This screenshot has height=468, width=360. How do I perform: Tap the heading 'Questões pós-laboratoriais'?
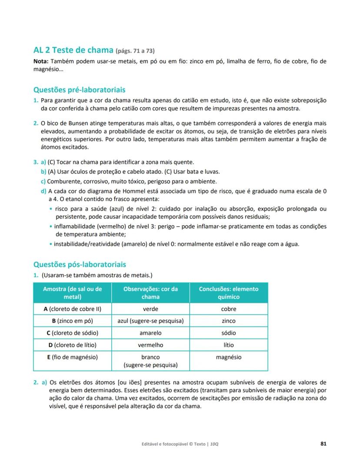tap(80, 264)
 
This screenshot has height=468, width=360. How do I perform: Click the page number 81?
tap(323, 444)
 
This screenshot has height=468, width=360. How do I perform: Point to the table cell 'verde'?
tap(150, 309)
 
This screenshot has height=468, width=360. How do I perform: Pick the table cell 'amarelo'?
tap(150, 333)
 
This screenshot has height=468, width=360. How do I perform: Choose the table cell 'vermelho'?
tap(150, 345)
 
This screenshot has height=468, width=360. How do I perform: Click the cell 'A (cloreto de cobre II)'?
tap(72, 309)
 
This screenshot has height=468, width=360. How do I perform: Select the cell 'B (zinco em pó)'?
tap(72, 321)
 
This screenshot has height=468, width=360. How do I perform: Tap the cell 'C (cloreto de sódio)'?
tap(72, 333)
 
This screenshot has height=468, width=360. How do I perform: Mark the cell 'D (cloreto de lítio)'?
tap(72, 345)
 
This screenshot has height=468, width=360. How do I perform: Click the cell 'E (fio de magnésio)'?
tap(72, 357)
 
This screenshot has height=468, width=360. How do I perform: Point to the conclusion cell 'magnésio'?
tap(229, 357)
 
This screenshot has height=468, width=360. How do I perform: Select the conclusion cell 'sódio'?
tap(229, 333)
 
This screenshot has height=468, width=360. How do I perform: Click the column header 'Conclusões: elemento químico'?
tap(229, 293)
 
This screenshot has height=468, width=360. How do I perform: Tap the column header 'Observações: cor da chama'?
tap(150, 293)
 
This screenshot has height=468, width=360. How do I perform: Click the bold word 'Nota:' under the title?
tap(42, 61)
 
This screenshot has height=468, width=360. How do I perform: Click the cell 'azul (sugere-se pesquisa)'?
tap(150, 321)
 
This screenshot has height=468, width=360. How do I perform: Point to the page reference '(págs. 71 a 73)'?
tap(135, 51)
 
